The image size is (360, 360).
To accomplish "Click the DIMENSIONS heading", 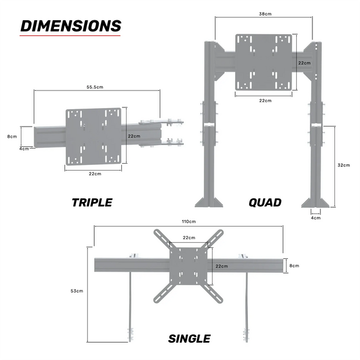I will [x=70, y=26].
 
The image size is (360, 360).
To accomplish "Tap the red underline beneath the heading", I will [x=70, y=37].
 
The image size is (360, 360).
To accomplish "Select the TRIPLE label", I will [x=92, y=203].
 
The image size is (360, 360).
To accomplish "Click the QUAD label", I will [x=265, y=203].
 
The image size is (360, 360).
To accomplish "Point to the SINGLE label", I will [x=189, y=339].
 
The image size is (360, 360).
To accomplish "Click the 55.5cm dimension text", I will [x=95, y=87].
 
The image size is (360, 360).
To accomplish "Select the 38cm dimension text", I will [x=264, y=13].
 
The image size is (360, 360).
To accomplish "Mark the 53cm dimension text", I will [x=76, y=290].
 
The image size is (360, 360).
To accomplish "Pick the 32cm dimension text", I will [x=344, y=165].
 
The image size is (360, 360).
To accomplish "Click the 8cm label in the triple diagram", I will [x=12, y=136].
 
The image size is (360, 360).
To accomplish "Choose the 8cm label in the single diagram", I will [x=294, y=265].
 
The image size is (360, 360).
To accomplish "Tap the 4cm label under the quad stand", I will [x=315, y=218].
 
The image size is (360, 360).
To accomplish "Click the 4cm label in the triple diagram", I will [x=24, y=149].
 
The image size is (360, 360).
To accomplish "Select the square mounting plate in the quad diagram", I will [x=264, y=62].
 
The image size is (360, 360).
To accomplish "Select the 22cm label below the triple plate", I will [x=95, y=174].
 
